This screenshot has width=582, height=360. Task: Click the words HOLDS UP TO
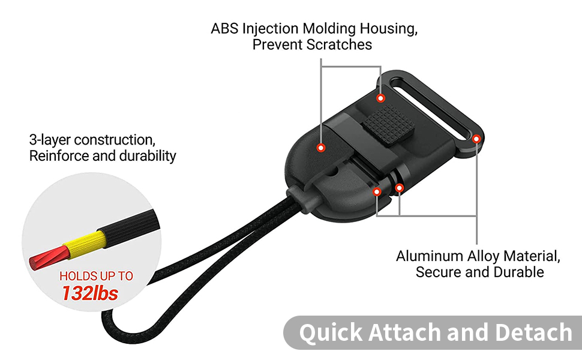(x=96, y=277)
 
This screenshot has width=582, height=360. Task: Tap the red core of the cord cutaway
(x=44, y=260)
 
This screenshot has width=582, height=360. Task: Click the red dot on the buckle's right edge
(x=476, y=139)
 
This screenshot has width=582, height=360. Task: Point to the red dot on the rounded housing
(x=322, y=146)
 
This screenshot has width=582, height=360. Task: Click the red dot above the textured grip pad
(x=380, y=97)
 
